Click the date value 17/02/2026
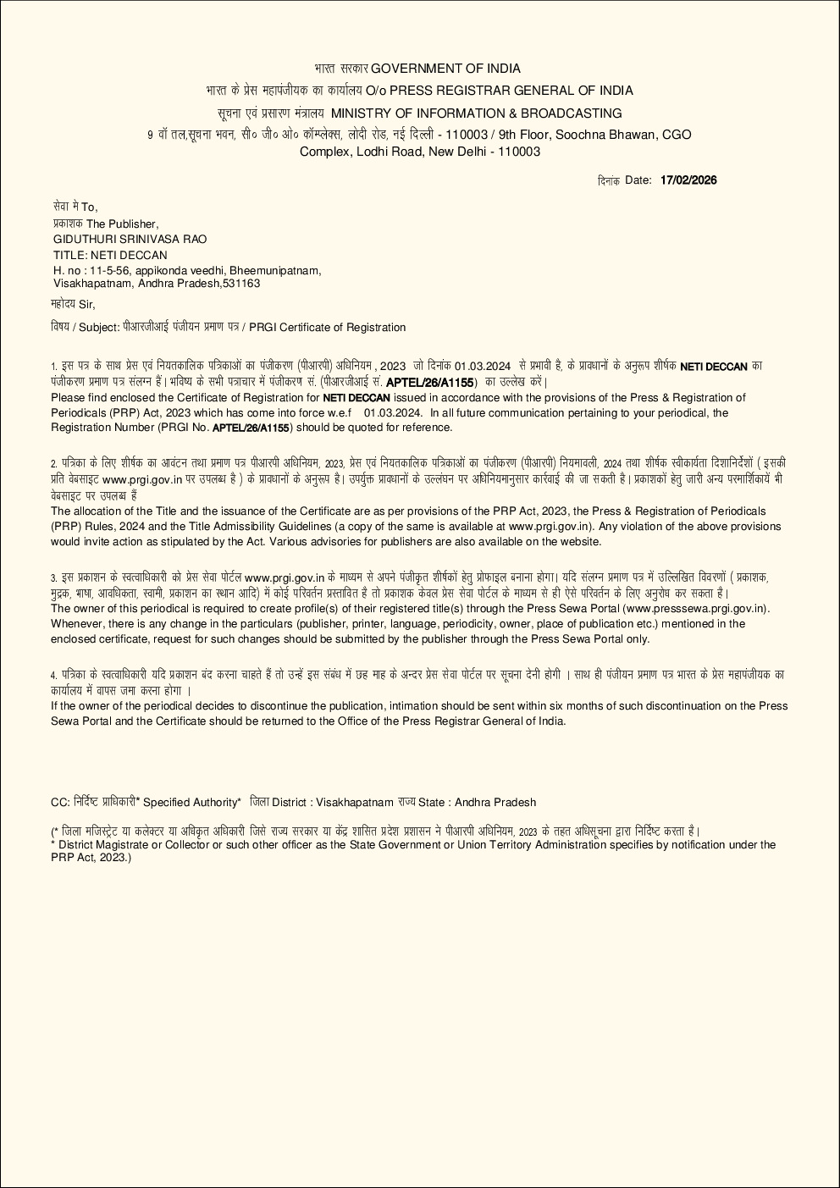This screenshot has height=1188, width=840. click(688, 180)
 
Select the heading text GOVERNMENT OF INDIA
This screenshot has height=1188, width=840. click(445, 69)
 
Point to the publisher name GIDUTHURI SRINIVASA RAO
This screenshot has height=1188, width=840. click(130, 239)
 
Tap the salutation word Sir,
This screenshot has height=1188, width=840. click(87, 304)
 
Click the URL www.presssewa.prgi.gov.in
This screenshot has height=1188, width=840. click(694, 609)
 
